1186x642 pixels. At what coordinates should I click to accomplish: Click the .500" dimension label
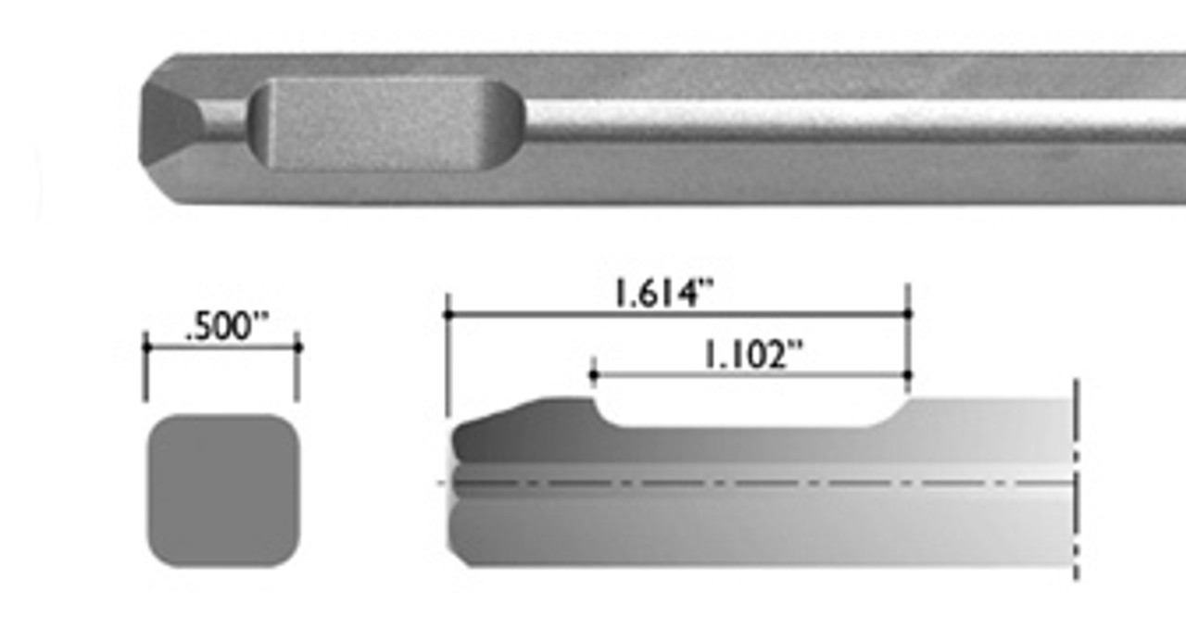[x=226, y=327]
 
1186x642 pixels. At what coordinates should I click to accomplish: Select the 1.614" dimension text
[x=663, y=295]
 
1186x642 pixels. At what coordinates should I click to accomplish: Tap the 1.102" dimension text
[x=751, y=355]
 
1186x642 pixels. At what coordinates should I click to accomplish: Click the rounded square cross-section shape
[x=222, y=490]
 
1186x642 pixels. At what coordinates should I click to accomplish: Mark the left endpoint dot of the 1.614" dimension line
[x=448, y=315]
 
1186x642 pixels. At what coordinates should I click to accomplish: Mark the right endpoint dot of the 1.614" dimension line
[x=907, y=315]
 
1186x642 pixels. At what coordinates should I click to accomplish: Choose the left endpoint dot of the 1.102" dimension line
[x=593, y=375]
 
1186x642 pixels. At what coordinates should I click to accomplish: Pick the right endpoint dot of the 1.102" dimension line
[x=907, y=375]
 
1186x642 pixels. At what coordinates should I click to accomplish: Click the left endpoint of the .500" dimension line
[x=146, y=347]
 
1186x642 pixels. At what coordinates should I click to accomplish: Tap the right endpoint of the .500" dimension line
[x=297, y=347]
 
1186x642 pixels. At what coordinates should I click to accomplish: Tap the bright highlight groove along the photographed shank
[x=834, y=117]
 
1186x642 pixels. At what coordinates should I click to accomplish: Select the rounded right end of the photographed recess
[x=510, y=124]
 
